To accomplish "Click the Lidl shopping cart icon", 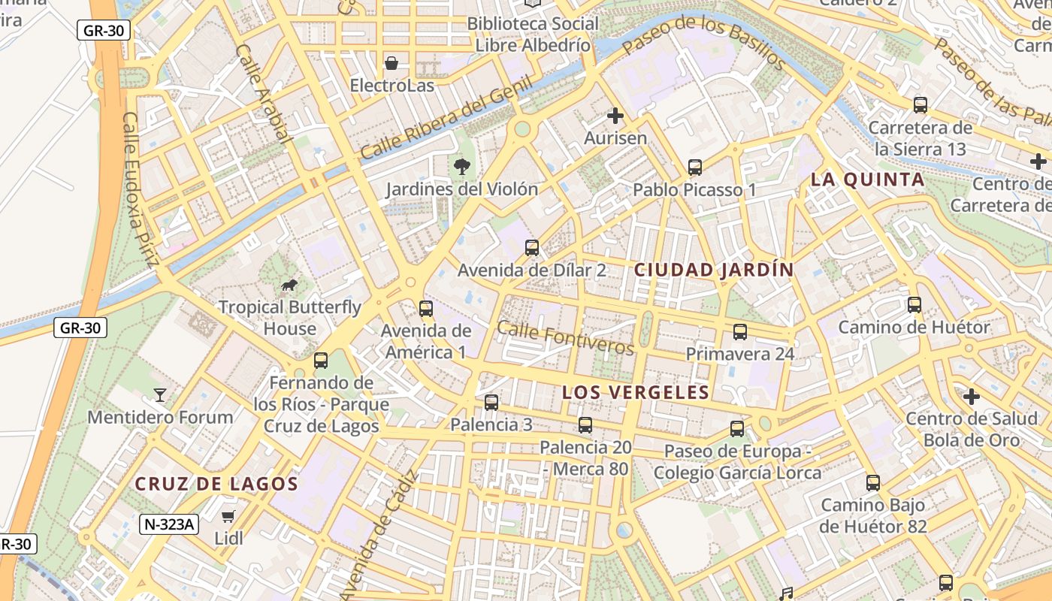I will pyautogui.click(x=228, y=516).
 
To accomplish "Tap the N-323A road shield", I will pyautogui.click(x=168, y=524).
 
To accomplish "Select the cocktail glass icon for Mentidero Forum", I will pyautogui.click(x=159, y=394).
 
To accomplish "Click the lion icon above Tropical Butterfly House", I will pyautogui.click(x=289, y=284).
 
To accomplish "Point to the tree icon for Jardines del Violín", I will pyautogui.click(x=461, y=166).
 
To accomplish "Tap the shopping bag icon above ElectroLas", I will pyautogui.click(x=391, y=63).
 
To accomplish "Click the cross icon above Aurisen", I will pyautogui.click(x=615, y=116).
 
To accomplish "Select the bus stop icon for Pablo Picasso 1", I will pyautogui.click(x=694, y=167).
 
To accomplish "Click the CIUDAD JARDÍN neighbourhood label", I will pyautogui.click(x=714, y=270).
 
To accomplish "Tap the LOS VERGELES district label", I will pyautogui.click(x=636, y=392).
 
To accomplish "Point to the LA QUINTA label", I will pyautogui.click(x=868, y=180).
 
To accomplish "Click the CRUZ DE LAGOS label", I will pyautogui.click(x=216, y=484).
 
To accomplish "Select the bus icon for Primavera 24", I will pyautogui.click(x=739, y=331).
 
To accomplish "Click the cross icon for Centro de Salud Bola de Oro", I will pyautogui.click(x=972, y=396).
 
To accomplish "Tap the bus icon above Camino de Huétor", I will pyautogui.click(x=914, y=304).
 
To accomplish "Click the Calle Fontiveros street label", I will pyautogui.click(x=565, y=338).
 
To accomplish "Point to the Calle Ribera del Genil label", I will pyautogui.click(x=446, y=118).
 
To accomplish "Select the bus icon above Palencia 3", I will pyautogui.click(x=491, y=402).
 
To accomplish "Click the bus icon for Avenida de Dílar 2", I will pyautogui.click(x=531, y=247).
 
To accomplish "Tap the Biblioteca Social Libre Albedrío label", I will pyautogui.click(x=533, y=35).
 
